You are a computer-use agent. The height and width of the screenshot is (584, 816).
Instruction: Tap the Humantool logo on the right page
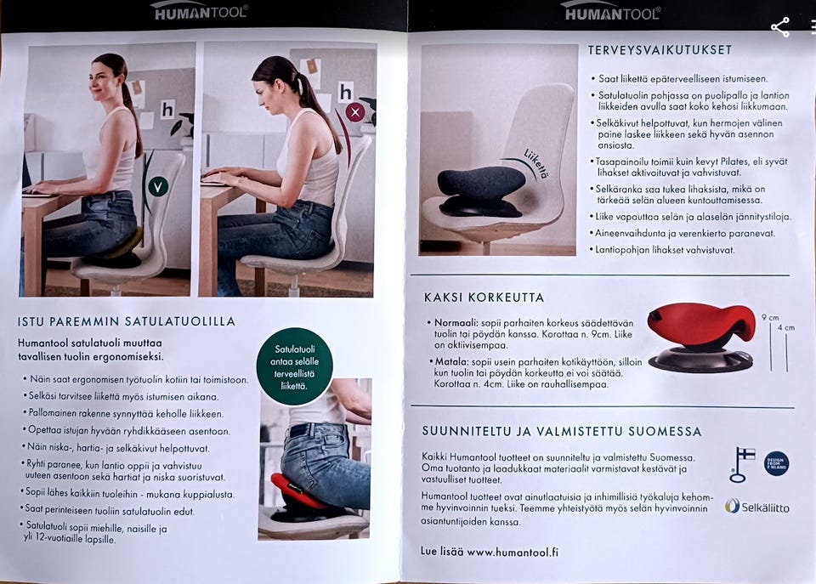[x=613, y=11]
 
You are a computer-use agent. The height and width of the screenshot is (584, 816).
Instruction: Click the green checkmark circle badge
[x=158, y=186]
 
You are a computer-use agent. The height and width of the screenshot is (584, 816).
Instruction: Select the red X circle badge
[x=355, y=112]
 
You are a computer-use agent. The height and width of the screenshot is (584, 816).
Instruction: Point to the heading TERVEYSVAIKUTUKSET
[x=660, y=50]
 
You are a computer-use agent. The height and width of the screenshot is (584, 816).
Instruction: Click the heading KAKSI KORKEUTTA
[x=484, y=298]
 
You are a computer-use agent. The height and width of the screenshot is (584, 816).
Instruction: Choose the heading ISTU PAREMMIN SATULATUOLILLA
[x=127, y=321]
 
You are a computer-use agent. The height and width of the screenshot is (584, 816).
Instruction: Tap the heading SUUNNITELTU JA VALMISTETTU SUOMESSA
[x=562, y=431]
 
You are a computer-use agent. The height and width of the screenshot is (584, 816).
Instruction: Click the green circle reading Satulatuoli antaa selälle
[x=295, y=366]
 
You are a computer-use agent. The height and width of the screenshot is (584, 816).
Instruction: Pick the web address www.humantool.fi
[x=513, y=552]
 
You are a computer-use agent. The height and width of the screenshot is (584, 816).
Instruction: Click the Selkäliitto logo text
[x=765, y=507]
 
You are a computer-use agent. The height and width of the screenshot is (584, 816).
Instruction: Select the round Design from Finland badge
[x=776, y=463]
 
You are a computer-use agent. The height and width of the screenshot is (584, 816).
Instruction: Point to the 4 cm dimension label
[x=785, y=327]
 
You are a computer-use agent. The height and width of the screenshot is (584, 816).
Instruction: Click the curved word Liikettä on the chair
[x=535, y=163]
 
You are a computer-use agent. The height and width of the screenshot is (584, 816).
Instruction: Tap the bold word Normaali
[x=456, y=323]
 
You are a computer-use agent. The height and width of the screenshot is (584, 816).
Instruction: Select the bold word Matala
[x=451, y=362]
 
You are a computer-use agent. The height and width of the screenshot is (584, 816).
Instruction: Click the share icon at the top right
[x=780, y=27]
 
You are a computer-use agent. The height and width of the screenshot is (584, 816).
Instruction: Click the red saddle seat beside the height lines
[x=701, y=325]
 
